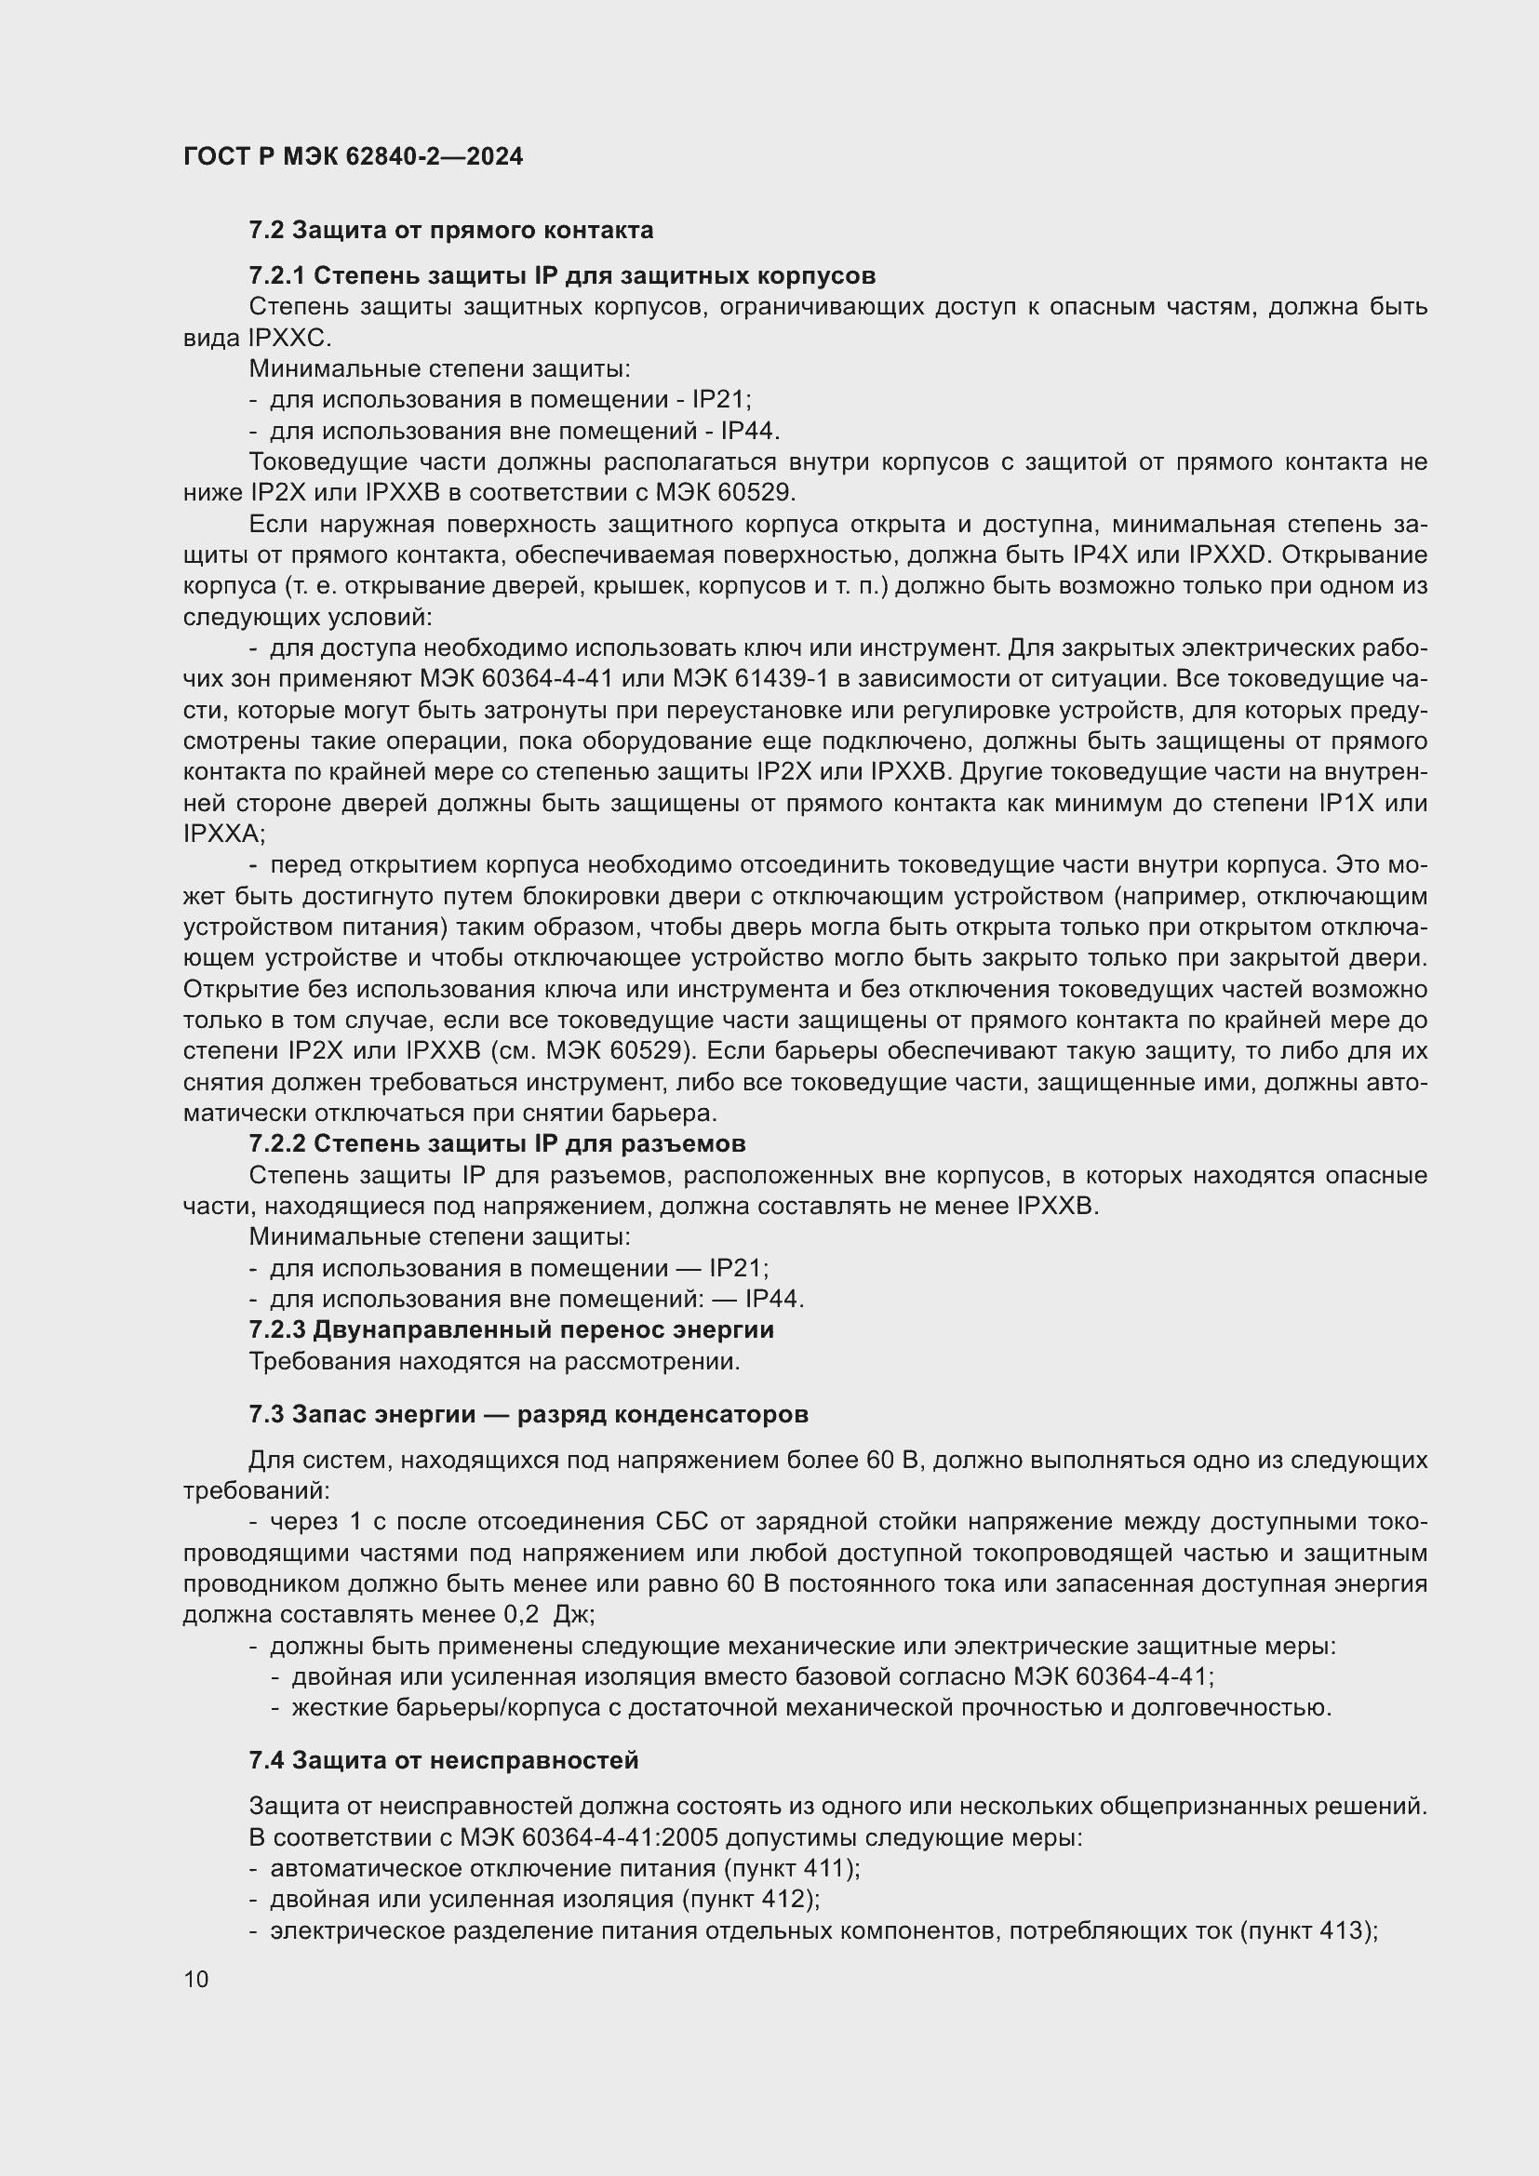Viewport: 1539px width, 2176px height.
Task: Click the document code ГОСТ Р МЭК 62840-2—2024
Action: click(x=353, y=156)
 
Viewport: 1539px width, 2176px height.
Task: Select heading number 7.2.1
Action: click(x=276, y=275)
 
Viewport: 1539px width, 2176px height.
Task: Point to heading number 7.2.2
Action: click(x=276, y=1144)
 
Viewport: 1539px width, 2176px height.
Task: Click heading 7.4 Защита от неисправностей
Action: click(x=444, y=1761)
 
